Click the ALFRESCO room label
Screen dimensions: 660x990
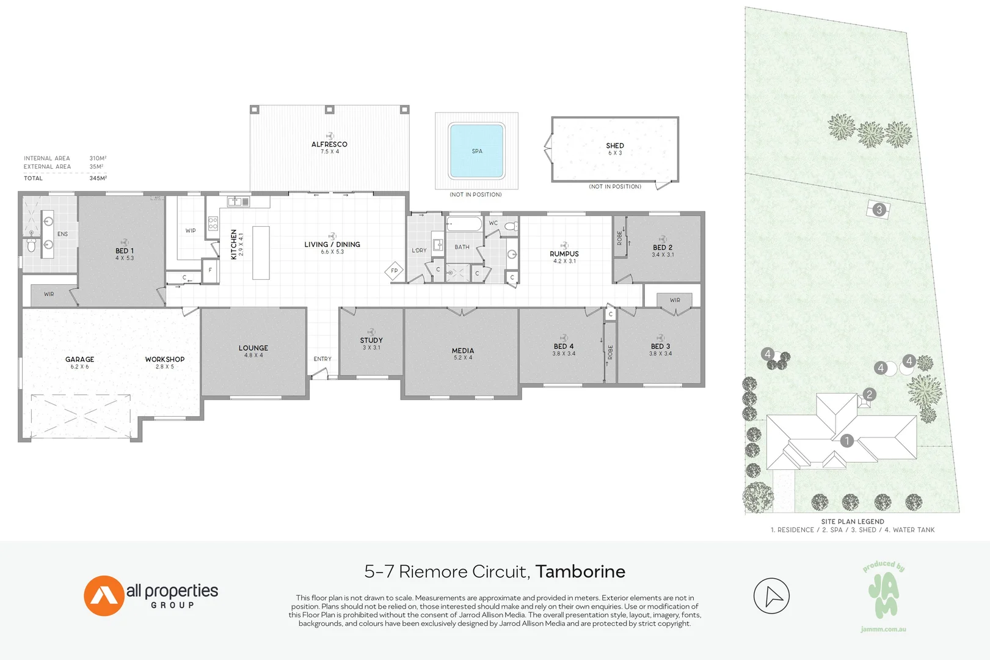coord(329,145)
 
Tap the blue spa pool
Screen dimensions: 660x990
coord(476,151)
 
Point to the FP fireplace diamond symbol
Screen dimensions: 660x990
coord(394,271)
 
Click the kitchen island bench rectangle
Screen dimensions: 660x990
coord(261,252)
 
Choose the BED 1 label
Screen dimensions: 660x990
coord(124,251)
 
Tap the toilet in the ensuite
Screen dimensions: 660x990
coord(31,246)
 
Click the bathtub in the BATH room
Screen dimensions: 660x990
coord(464,224)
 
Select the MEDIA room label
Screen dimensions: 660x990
coord(462,351)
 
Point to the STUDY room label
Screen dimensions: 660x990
coord(371,340)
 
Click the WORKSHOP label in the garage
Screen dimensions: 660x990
coord(164,359)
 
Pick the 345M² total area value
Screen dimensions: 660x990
coord(98,178)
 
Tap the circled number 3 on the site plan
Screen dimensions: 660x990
coord(879,210)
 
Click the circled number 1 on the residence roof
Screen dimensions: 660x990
coord(846,441)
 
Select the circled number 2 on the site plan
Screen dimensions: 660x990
coord(870,395)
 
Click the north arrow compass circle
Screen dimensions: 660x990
coord(771,596)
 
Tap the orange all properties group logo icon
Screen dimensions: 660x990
coord(104,596)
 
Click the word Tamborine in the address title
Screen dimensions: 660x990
coord(580,571)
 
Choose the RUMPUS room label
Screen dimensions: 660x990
coord(564,254)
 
